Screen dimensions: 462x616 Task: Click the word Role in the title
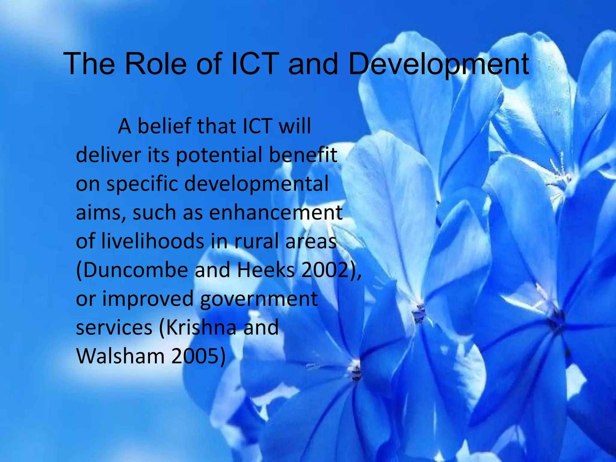click(155, 64)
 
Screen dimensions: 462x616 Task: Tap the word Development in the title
click(439, 64)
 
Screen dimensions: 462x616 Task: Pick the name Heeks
click(266, 270)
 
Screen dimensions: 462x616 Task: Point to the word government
click(259, 299)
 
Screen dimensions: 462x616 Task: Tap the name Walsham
click(121, 356)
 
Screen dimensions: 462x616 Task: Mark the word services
click(114, 327)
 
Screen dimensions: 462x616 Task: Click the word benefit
click(303, 155)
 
